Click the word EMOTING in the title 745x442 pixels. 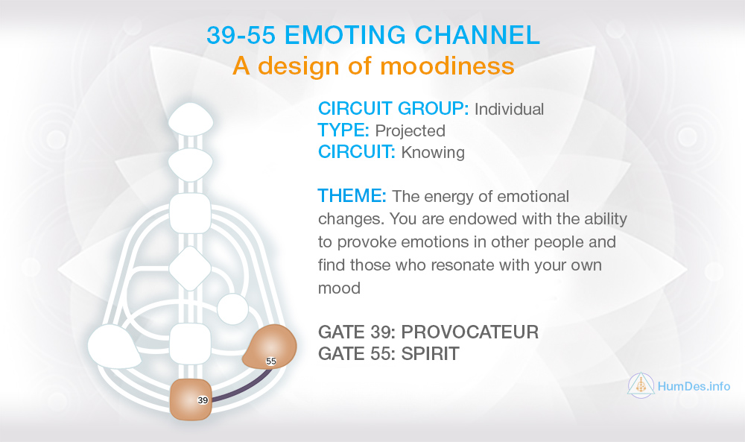(x=346, y=35)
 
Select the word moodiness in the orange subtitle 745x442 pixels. (x=448, y=66)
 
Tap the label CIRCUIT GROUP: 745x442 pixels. (x=393, y=109)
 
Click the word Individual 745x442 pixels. (x=510, y=110)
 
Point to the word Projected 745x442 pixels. (x=410, y=130)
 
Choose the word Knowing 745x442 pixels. (x=433, y=153)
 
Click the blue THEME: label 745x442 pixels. (x=352, y=196)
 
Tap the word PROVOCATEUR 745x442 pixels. (x=470, y=332)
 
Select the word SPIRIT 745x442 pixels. (x=431, y=353)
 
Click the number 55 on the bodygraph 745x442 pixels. (x=271, y=362)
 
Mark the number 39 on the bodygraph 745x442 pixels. (x=203, y=400)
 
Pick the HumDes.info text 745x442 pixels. (x=694, y=386)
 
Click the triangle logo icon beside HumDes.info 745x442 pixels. (x=641, y=385)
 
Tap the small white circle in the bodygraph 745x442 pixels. (x=232, y=309)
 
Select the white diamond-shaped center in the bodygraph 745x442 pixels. (x=190, y=268)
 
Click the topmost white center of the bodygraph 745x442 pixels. (x=190, y=119)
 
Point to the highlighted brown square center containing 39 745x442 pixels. (x=191, y=400)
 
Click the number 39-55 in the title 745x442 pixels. (x=241, y=35)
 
